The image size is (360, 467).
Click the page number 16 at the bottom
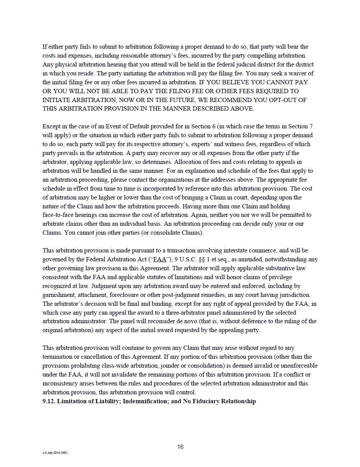(180, 447)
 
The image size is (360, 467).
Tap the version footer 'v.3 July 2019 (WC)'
(55, 453)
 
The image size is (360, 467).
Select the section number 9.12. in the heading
(49, 401)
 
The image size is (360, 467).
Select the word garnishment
(59, 295)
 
